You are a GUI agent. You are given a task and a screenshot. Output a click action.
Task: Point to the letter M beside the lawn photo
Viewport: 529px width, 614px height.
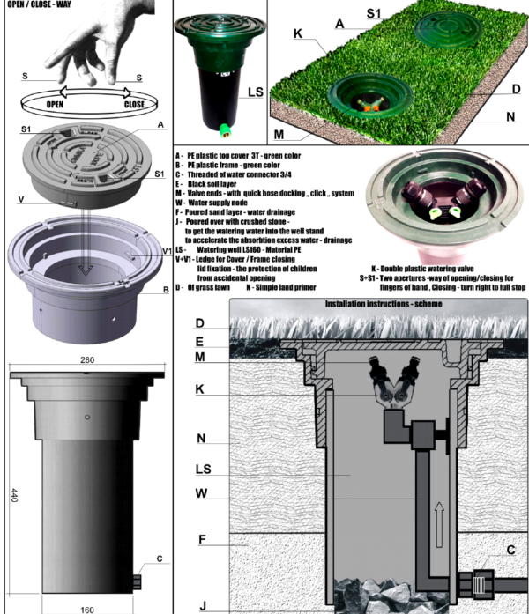pos(279,135)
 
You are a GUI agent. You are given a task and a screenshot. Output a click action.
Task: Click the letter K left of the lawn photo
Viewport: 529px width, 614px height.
pos(299,34)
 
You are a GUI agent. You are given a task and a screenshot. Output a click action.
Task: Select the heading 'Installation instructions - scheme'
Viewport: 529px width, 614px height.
pos(378,304)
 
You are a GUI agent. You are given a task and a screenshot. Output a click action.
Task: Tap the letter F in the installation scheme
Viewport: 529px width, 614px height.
pos(202,539)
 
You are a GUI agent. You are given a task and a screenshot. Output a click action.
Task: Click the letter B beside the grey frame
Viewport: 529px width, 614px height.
pos(165,291)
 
